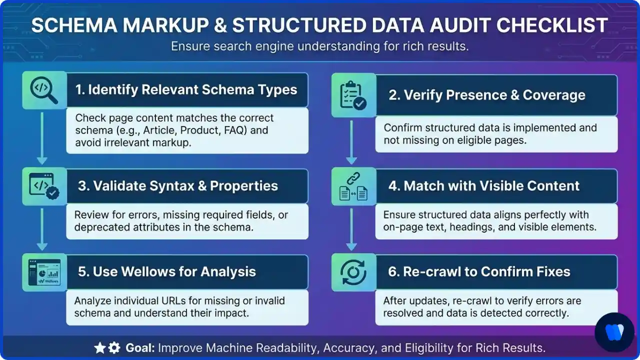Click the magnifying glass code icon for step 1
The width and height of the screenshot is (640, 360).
(44, 90)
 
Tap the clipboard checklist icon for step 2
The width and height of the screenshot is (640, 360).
(353, 95)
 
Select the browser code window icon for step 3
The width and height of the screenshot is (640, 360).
(44, 186)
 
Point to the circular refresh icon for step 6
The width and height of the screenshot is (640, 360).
(353, 272)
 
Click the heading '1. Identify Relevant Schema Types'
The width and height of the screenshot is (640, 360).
(186, 90)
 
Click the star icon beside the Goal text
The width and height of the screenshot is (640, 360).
(100, 348)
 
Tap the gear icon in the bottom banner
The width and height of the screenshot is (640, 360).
(114, 348)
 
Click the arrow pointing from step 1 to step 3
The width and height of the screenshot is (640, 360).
(42, 137)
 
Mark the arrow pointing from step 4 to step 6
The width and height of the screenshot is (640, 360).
(351, 227)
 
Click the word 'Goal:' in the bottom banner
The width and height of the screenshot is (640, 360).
(138, 348)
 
